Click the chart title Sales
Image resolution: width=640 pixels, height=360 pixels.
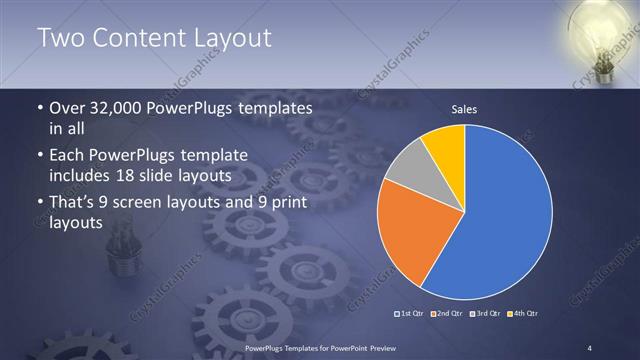pos(464,108)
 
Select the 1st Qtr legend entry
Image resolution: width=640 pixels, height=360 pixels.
pos(411,313)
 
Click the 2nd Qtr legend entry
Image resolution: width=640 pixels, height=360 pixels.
pos(446,313)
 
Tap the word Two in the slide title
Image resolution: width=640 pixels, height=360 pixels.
pos(61,38)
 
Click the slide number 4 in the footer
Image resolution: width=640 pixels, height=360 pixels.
pos(590,347)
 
